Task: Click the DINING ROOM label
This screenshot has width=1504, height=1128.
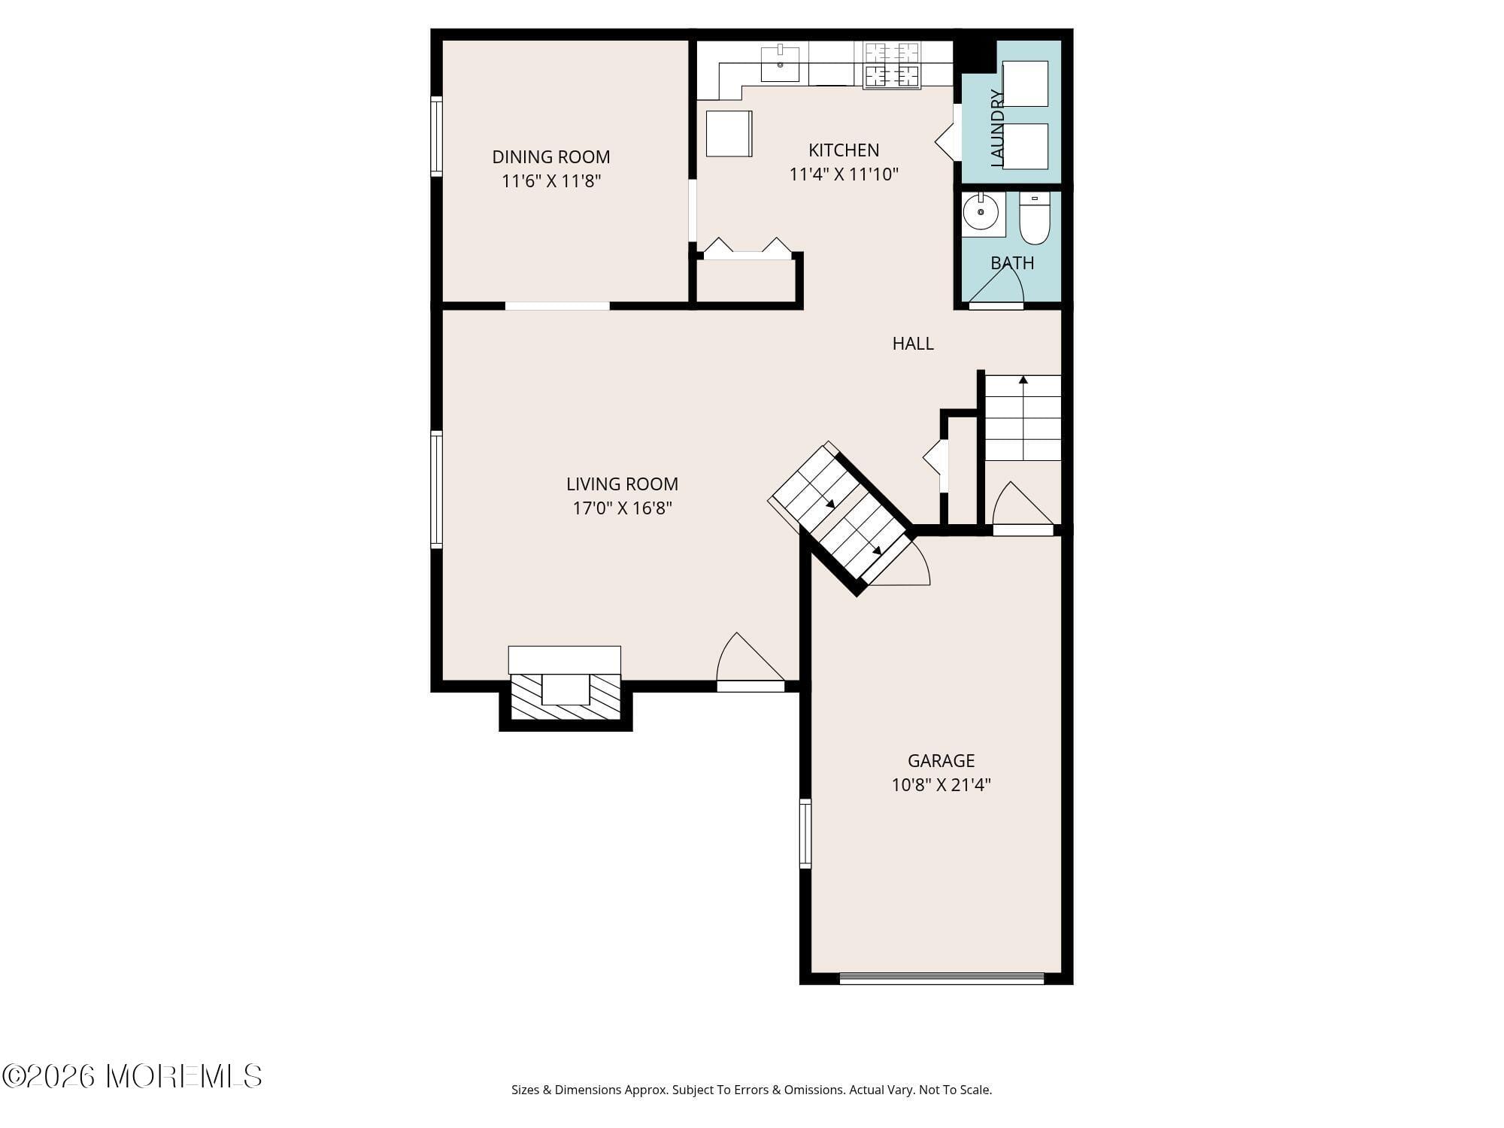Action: [550, 156]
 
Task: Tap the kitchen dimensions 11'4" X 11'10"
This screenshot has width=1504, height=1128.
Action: [844, 174]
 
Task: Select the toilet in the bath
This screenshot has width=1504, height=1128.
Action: [1035, 219]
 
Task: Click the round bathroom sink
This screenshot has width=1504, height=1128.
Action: [981, 213]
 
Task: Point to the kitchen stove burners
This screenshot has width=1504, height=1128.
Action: [892, 65]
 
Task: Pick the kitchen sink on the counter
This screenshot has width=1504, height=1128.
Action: [780, 62]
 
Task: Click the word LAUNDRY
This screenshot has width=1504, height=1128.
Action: [997, 128]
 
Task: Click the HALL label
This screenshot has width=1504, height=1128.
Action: [913, 344]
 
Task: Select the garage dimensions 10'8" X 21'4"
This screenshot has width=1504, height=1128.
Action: [941, 785]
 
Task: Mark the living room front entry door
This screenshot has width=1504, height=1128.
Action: [749, 662]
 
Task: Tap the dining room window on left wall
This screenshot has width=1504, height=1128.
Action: [436, 137]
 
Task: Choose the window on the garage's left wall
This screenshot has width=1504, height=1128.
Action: [805, 834]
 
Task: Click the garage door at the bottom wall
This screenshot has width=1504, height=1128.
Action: [942, 978]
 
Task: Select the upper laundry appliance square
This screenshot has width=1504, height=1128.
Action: [1025, 83]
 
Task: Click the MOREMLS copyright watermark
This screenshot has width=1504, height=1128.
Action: [132, 1077]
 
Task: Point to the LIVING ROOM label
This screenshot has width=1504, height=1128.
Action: [622, 484]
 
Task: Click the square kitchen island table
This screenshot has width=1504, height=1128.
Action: [729, 134]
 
